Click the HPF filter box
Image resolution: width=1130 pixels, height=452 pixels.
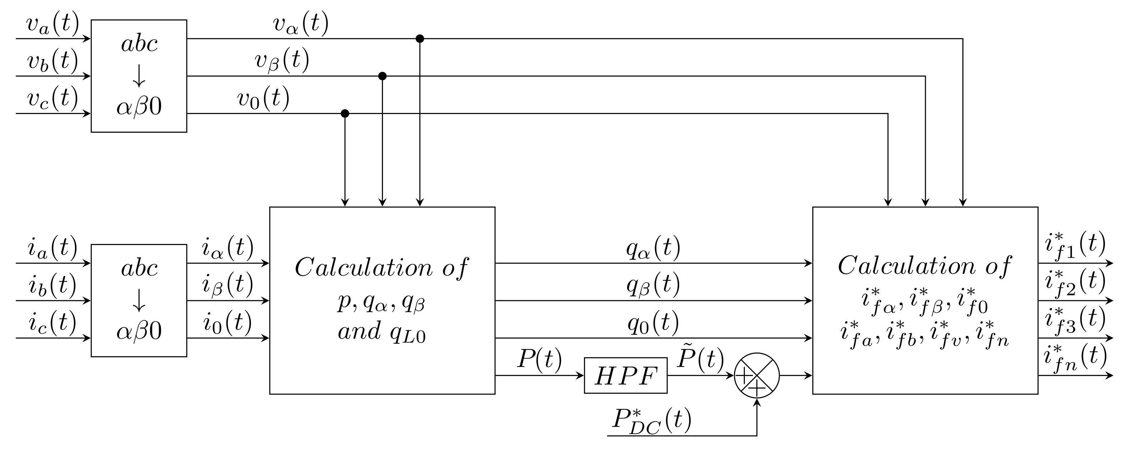pyautogui.click(x=626, y=376)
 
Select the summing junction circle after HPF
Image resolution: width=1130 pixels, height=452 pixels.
pyautogui.click(x=757, y=376)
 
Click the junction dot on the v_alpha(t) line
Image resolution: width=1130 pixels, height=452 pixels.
pyautogui.click(x=420, y=39)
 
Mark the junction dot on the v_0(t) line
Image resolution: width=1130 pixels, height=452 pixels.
pyautogui.click(x=345, y=114)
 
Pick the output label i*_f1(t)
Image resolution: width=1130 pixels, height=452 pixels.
pyautogui.click(x=1075, y=245)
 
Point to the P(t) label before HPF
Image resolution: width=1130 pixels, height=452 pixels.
pyautogui.click(x=539, y=361)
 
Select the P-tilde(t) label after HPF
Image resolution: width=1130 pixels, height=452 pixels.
pyautogui.click(x=700, y=359)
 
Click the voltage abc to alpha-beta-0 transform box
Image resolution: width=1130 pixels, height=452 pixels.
pyautogui.click(x=139, y=75)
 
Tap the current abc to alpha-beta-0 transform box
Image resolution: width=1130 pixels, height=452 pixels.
pyautogui.click(x=139, y=300)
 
